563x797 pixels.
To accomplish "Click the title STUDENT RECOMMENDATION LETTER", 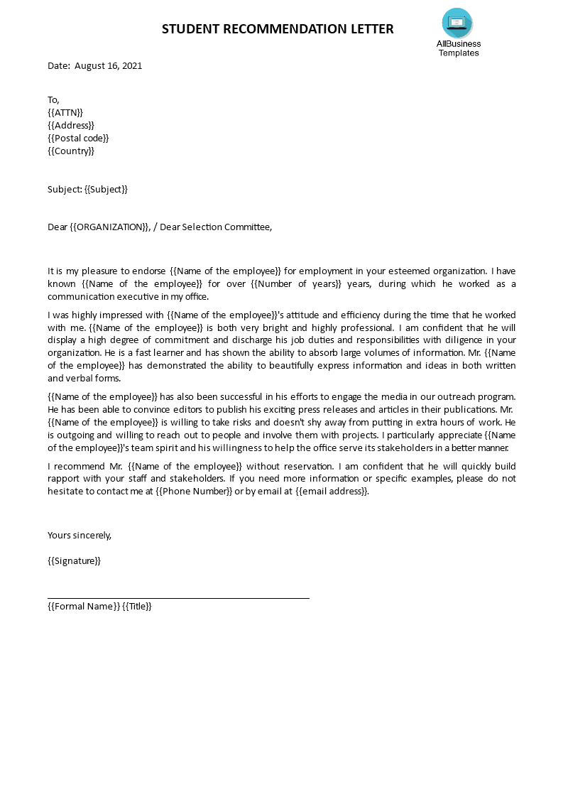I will pyautogui.click(x=278, y=29).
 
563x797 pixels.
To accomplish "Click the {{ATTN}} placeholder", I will pyautogui.click(x=65, y=112).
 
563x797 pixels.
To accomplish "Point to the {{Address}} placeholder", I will pyautogui.click(x=71, y=125).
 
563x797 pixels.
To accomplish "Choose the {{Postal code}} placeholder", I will pyautogui.click(x=78, y=138).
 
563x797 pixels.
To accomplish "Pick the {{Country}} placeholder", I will pyautogui.click(x=71, y=151).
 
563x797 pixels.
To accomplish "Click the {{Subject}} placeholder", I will pyautogui.click(x=106, y=189).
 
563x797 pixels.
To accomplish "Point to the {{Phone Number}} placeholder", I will pyautogui.click(x=194, y=492).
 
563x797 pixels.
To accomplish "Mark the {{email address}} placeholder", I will pyautogui.click(x=332, y=492).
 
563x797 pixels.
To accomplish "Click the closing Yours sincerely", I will pyautogui.click(x=80, y=536).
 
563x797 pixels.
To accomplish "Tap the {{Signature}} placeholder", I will pyautogui.click(x=75, y=561).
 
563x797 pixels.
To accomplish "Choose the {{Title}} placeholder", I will pyautogui.click(x=137, y=606).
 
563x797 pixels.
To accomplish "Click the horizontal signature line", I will pyautogui.click(x=178, y=598).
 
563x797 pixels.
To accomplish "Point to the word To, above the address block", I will pyautogui.click(x=54, y=99).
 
